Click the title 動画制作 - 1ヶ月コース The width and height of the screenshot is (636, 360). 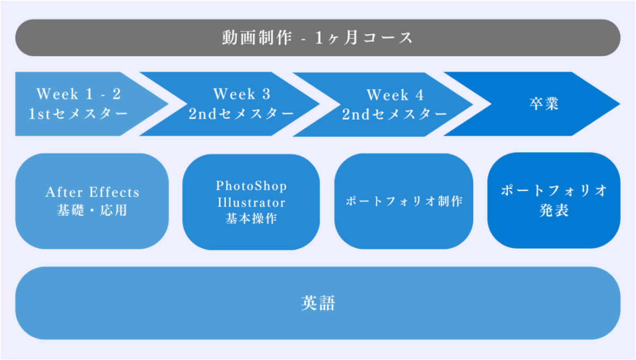[317, 38]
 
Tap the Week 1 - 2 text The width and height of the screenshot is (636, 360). [78, 94]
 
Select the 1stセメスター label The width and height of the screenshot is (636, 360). [78, 114]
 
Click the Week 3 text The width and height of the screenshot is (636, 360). [242, 94]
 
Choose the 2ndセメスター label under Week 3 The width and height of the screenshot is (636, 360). [242, 114]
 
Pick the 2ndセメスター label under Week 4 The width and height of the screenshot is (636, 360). [395, 115]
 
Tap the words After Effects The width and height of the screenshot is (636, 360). [92, 192]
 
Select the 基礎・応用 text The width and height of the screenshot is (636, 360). [92, 210]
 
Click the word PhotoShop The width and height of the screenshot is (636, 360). [251, 186]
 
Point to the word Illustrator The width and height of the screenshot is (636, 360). [251, 203]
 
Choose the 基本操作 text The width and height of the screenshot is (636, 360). [251, 219]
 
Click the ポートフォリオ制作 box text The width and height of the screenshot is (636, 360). [404, 202]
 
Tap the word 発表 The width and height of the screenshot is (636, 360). [554, 210]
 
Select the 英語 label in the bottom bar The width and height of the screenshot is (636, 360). [318, 304]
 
